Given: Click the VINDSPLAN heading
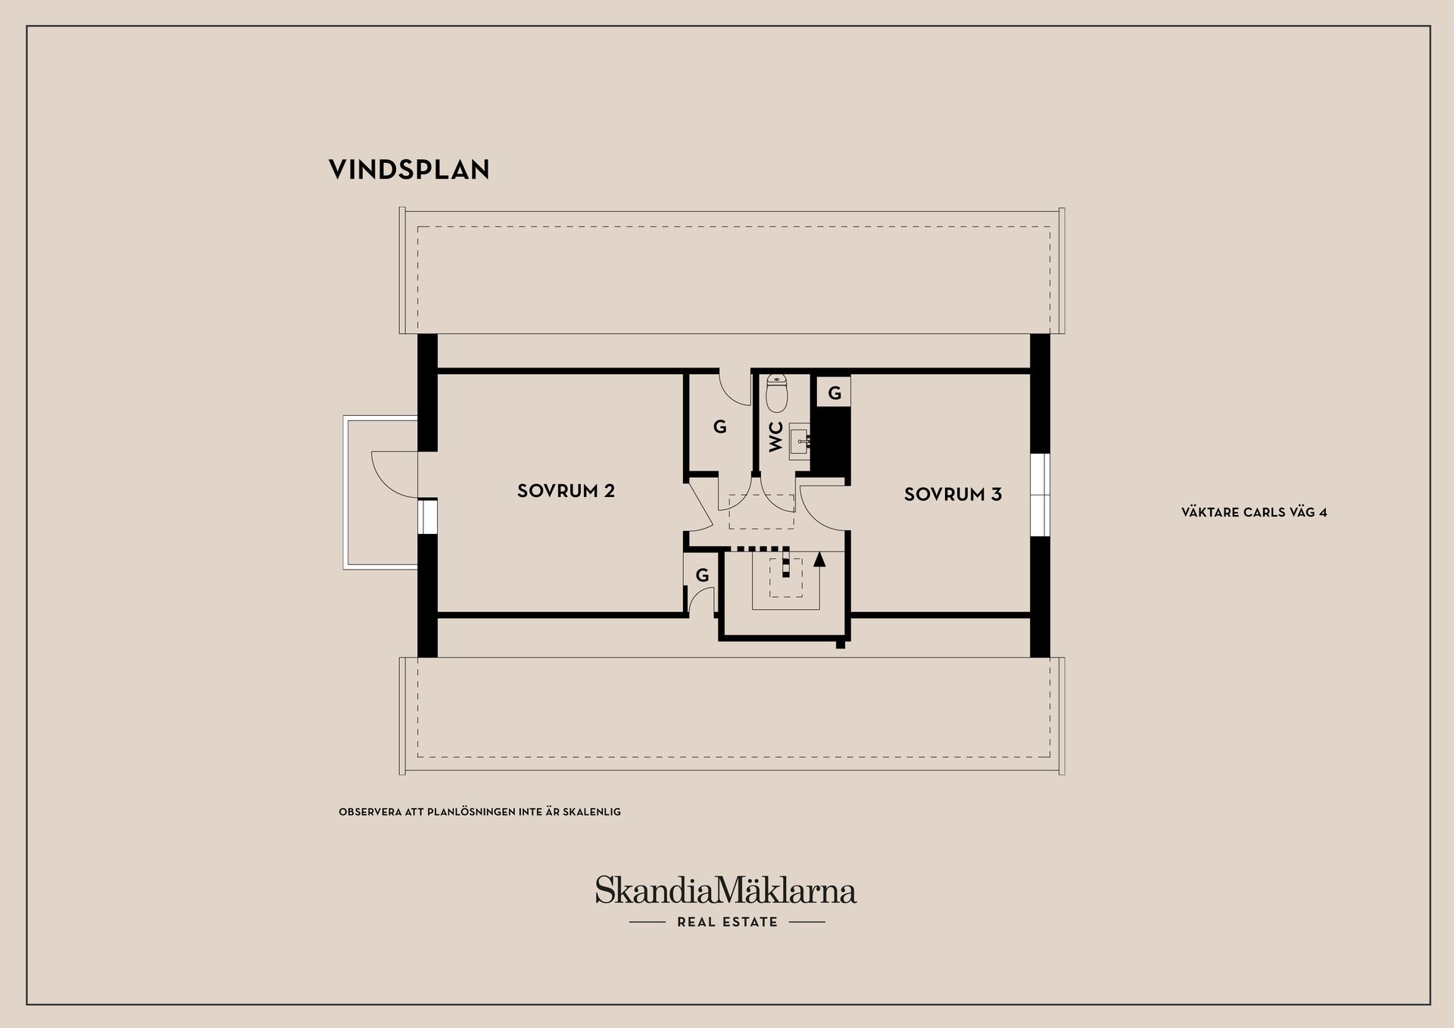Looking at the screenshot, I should point(409,170).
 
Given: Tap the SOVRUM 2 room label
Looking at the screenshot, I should point(566,491).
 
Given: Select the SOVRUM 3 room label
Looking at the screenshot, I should point(952,495).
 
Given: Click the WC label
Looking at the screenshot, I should point(776,437).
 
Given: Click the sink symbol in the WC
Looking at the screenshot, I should point(800,440).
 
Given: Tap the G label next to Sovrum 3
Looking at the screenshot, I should point(834,393).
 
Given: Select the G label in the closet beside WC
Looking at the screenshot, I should point(719,427).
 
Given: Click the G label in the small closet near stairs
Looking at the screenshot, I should point(702,575).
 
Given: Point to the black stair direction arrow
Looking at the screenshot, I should point(818,560).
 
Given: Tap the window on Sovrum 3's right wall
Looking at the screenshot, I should point(1041,495).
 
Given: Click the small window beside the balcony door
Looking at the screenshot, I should point(427,516).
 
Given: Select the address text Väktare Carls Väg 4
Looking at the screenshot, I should point(1253,512).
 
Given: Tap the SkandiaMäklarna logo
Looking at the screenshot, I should point(725,890).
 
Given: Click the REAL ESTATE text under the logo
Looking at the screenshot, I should point(727,922).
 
